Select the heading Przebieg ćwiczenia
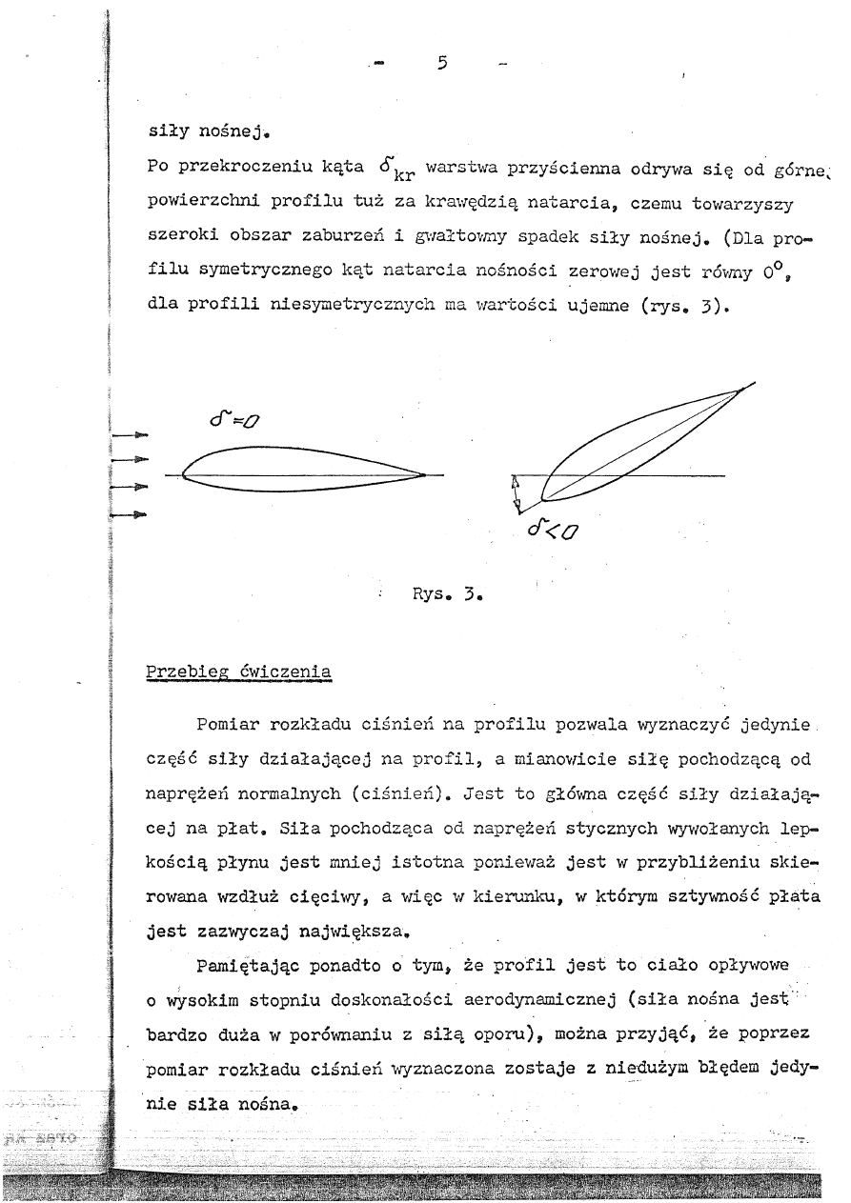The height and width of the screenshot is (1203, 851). pos(238,671)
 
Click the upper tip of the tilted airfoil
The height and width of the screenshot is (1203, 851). pos(741,390)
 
